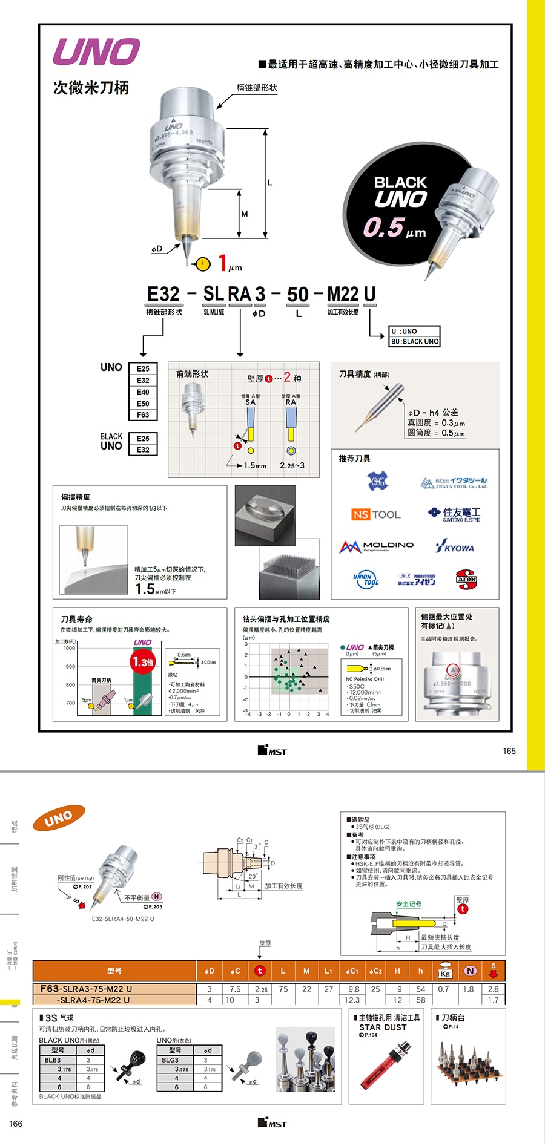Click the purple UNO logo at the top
(x=97, y=52)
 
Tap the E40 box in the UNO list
(x=143, y=392)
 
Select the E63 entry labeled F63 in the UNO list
(x=143, y=415)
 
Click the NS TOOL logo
(x=376, y=514)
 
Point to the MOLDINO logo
(x=376, y=546)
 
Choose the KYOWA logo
(x=455, y=547)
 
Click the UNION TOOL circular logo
(x=366, y=580)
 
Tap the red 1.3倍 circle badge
(x=143, y=662)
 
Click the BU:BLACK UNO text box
(x=415, y=341)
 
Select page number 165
(x=509, y=751)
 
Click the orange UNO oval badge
(x=59, y=819)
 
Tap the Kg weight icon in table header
(x=445, y=971)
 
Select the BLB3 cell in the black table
(x=53, y=1060)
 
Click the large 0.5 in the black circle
(x=383, y=228)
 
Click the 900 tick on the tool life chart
(x=71, y=666)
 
